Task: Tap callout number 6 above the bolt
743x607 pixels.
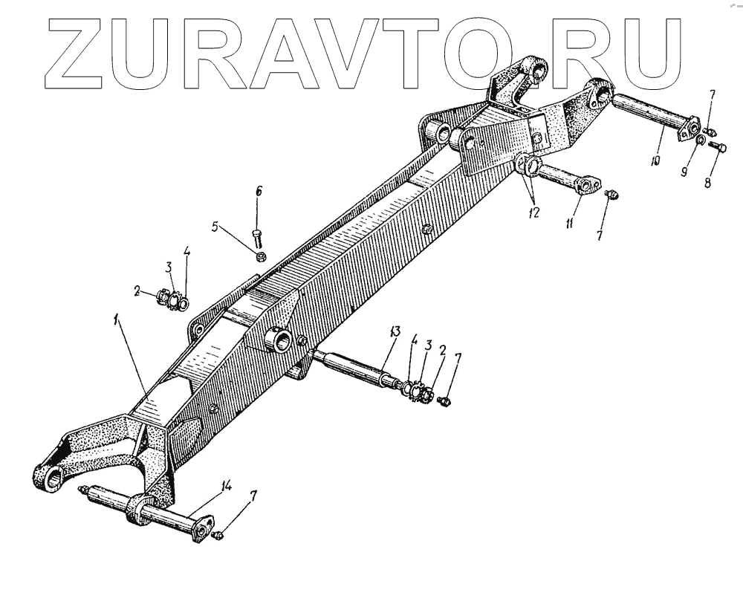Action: pos(259,192)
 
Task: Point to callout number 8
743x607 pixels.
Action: pos(707,181)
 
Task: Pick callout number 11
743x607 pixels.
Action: pos(569,222)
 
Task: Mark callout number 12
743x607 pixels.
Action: pos(533,212)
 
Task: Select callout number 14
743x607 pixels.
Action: pos(227,487)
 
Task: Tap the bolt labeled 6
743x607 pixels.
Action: pos(257,238)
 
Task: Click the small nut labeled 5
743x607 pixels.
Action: pos(262,257)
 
